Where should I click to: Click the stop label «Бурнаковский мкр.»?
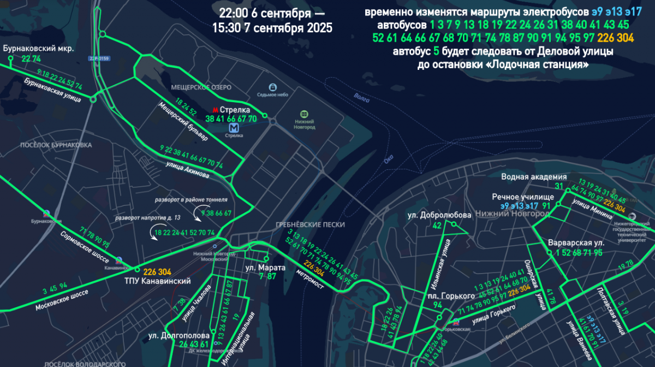click(38, 49)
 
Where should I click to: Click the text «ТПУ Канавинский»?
click(166, 281)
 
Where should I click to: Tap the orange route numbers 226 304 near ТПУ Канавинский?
click(157, 271)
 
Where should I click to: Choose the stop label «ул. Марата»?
click(265, 268)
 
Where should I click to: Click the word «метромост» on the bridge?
click(311, 279)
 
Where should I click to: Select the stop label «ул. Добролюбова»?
click(439, 215)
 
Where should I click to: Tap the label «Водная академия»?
click(534, 177)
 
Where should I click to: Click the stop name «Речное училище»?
click(523, 197)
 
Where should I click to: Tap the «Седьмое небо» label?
click(272, 94)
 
